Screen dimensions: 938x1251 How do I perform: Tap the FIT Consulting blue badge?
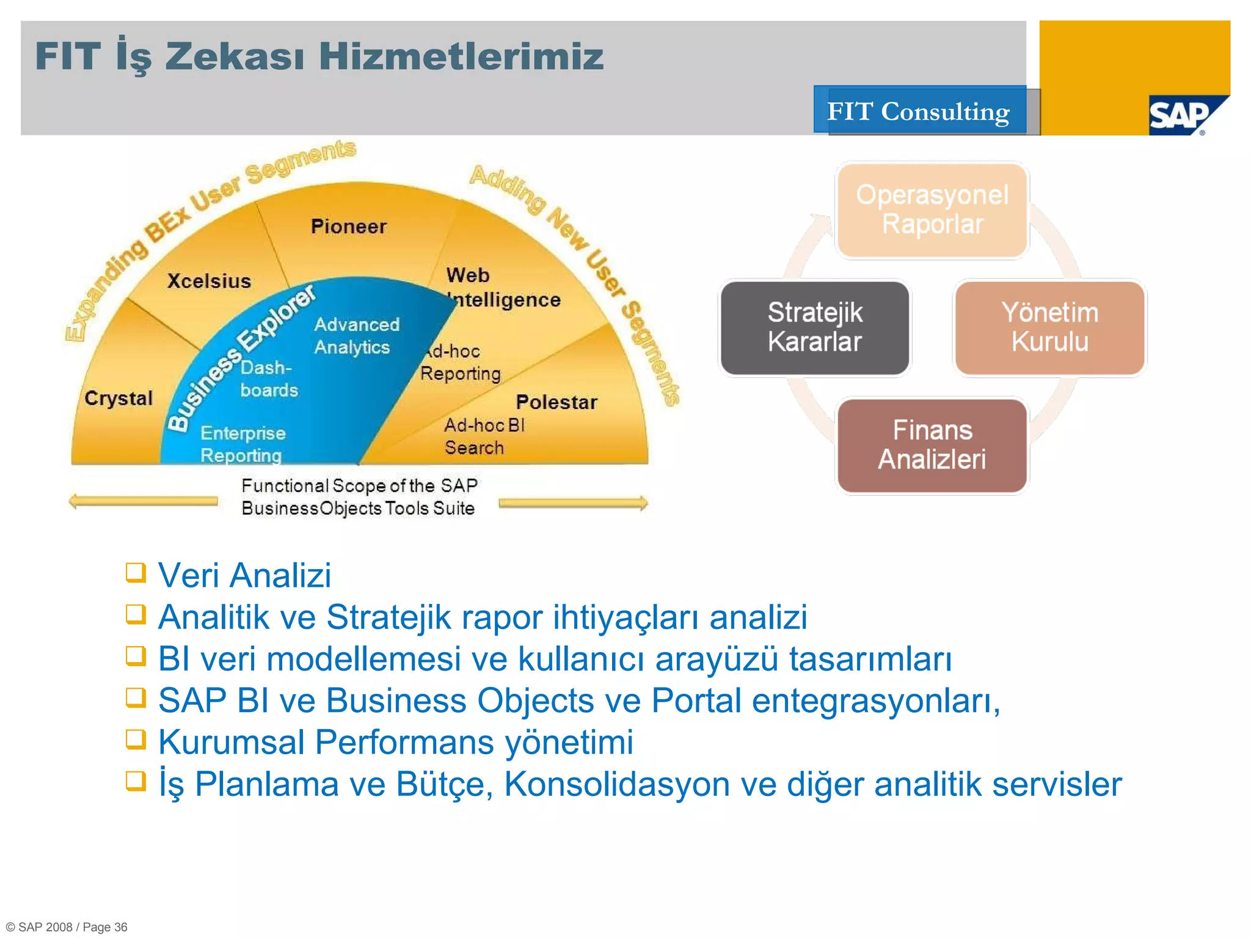coord(919,111)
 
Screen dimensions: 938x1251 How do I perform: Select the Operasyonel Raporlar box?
coord(932,210)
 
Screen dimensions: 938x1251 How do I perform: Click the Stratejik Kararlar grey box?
coord(814,327)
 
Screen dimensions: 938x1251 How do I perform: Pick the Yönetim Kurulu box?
coord(1049,327)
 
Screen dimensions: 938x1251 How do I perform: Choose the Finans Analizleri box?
coord(932,445)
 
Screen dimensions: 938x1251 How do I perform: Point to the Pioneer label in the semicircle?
coord(348,227)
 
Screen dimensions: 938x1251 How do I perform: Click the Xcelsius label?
coord(209,281)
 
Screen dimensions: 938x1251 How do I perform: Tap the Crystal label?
coord(119,398)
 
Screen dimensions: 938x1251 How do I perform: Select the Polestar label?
coord(556,402)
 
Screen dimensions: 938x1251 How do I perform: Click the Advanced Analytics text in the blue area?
coord(357,335)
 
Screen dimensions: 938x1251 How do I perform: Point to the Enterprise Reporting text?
coord(243,444)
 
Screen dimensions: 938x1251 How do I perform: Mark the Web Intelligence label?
coord(502,288)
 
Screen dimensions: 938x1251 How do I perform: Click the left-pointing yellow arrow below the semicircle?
coord(143,501)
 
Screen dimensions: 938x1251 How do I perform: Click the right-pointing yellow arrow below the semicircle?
coord(573,503)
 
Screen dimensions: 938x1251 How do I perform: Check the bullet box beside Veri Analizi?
coord(136,573)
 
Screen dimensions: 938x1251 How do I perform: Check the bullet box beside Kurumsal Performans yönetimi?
coord(136,740)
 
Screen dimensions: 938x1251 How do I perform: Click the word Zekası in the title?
coord(235,56)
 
